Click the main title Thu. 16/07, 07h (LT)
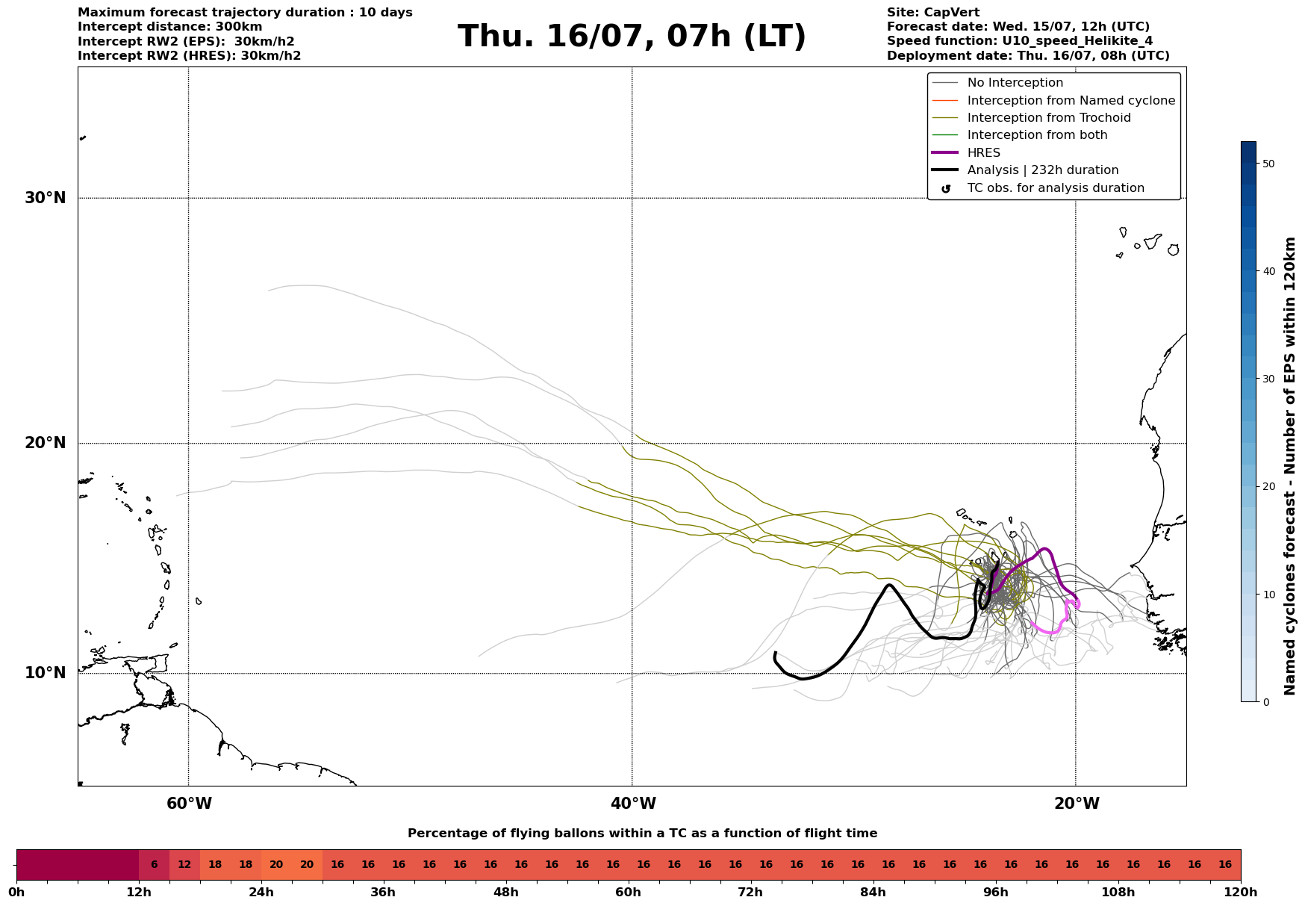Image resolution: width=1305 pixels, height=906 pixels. tap(632, 37)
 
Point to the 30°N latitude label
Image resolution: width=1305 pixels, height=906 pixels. tap(46, 198)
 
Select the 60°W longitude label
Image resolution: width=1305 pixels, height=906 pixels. tap(189, 804)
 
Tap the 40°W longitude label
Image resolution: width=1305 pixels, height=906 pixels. tap(633, 804)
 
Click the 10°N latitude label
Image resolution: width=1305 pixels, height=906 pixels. tap(46, 673)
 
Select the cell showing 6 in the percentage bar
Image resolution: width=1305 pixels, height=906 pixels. tap(155, 865)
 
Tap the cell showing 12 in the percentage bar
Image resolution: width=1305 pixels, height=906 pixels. tap(184, 865)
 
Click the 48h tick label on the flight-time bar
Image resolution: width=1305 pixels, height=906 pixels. tap(506, 893)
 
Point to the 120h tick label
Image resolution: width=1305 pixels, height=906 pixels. tap(1242, 893)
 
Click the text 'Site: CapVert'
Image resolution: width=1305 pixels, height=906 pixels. tap(933, 13)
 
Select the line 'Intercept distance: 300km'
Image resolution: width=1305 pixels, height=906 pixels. tap(170, 27)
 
